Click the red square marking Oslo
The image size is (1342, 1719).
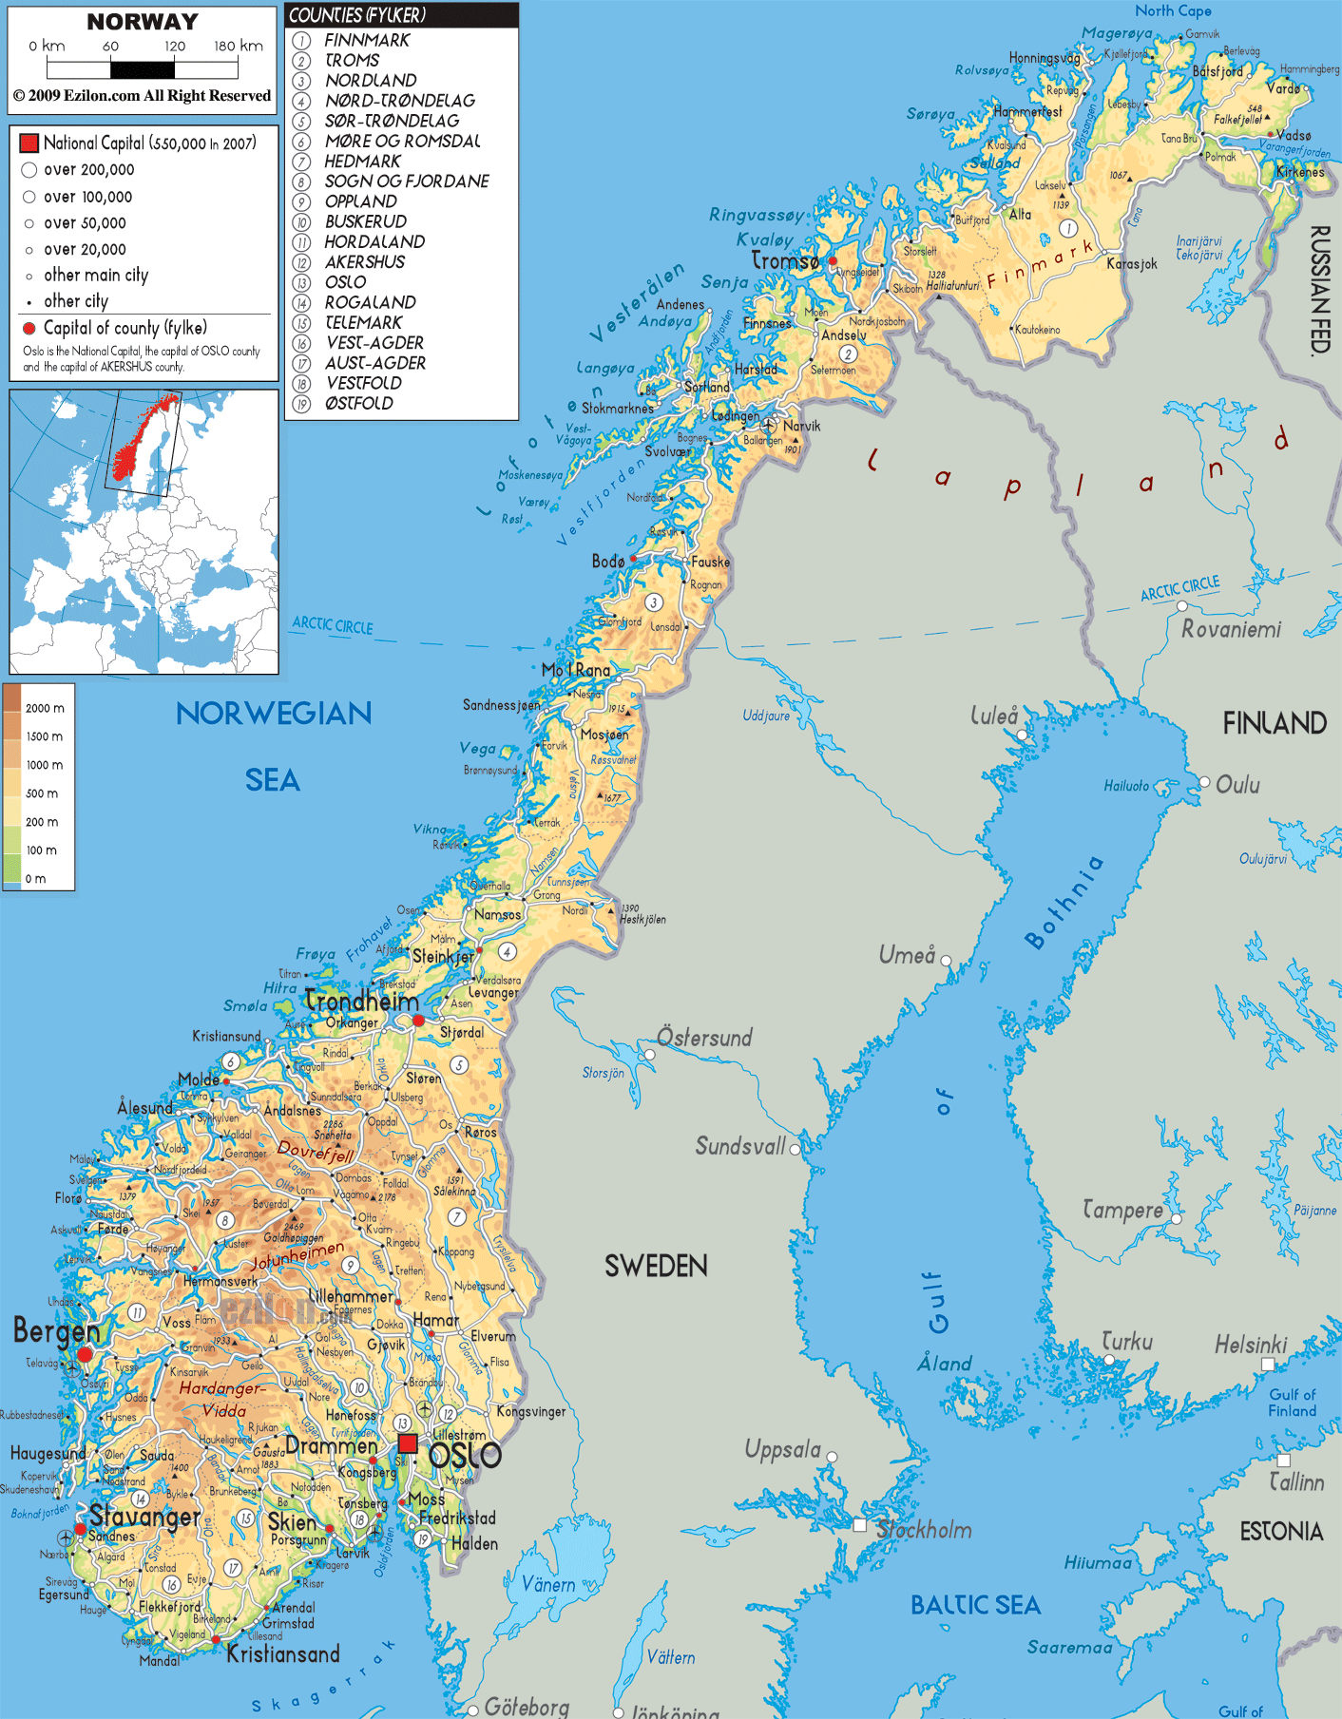[408, 1444]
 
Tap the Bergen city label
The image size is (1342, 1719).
[56, 1331]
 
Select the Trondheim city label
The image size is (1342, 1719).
[362, 1002]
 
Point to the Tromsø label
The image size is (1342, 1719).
[785, 260]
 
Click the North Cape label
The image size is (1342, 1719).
[1173, 11]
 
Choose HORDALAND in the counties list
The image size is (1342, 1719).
[374, 241]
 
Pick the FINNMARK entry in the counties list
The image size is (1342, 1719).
[367, 40]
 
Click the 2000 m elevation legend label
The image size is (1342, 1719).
[45, 708]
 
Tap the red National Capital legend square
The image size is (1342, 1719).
[29, 143]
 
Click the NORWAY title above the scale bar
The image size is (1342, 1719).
[143, 21]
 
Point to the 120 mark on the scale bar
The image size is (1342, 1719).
[175, 46]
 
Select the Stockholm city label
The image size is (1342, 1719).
[924, 1530]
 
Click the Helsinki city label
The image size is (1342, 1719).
[1251, 1345]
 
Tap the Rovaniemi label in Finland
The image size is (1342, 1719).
[1231, 629]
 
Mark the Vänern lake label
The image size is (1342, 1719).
[548, 1585]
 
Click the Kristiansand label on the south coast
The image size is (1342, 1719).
[283, 1654]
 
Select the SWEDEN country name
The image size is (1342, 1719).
[656, 1266]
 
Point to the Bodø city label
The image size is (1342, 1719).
[608, 562]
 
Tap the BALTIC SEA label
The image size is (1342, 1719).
[975, 1605]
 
